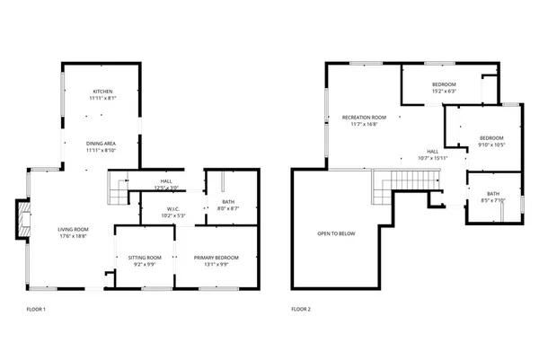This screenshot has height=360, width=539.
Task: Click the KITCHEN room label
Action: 102,92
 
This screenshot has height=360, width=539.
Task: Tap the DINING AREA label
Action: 102,144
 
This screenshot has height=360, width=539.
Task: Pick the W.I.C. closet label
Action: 149,208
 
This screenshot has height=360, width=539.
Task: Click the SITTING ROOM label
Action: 145,257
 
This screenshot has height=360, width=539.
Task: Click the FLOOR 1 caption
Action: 36,309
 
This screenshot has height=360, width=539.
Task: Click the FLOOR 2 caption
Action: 301,309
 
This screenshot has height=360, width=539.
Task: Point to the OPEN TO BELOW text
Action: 336,233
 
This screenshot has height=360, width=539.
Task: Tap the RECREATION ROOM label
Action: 364,118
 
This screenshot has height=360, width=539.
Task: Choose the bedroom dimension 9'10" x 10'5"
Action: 491,144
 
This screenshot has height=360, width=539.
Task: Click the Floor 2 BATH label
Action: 493,194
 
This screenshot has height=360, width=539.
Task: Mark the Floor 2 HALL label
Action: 432,151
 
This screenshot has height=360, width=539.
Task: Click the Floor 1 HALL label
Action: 167,180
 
